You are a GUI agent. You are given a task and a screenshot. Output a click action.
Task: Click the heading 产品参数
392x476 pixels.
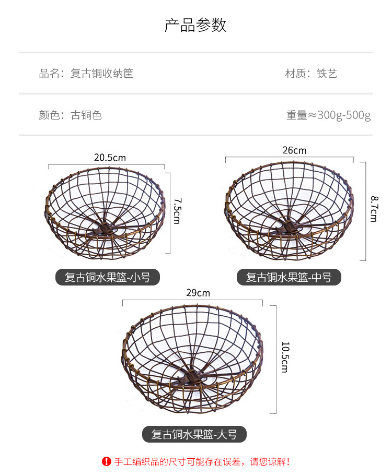point(195,25)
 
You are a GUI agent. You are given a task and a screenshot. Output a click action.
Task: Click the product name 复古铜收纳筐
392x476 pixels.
point(102,74)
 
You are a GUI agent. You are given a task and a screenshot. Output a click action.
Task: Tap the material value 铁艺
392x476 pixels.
point(327,74)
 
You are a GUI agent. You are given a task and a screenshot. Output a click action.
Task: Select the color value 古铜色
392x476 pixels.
point(86,115)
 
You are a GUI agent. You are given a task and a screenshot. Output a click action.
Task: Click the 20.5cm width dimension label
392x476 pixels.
point(110,158)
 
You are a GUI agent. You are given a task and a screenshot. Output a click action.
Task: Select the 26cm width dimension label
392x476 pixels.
point(294,151)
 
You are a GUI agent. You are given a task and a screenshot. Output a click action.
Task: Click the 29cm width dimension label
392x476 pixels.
point(198,293)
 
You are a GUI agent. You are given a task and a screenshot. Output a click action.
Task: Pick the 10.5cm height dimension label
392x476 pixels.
point(284,357)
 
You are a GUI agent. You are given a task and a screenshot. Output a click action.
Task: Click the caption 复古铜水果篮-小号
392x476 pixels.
point(107,277)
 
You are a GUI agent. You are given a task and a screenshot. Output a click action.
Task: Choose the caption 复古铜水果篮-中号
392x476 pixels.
point(289,277)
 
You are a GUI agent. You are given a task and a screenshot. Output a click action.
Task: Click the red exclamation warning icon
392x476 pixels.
point(107,461)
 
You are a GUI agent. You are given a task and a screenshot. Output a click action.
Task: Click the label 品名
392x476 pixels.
point(51,74)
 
